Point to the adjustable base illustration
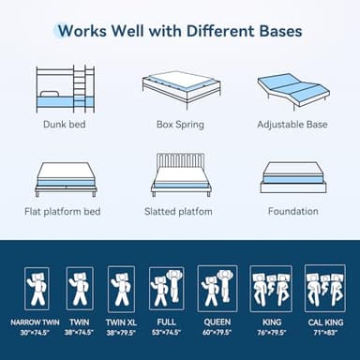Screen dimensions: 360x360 tap(292, 89)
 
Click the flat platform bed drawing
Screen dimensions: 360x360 tap(66, 177)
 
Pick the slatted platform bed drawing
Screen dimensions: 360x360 tap(179, 175)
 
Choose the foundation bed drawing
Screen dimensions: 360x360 tap(292, 176)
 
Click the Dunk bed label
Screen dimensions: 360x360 tap(66, 123)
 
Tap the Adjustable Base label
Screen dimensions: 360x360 tap(292, 123)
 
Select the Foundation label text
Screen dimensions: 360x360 tap(292, 211)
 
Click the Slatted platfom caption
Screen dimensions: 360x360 tap(179, 211)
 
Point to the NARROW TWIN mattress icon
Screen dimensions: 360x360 tap(37, 289)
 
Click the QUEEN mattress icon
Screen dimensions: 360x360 tap(217, 289)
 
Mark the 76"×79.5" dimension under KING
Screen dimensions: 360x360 tap(271, 331)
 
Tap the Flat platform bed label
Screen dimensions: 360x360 tap(63, 211)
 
